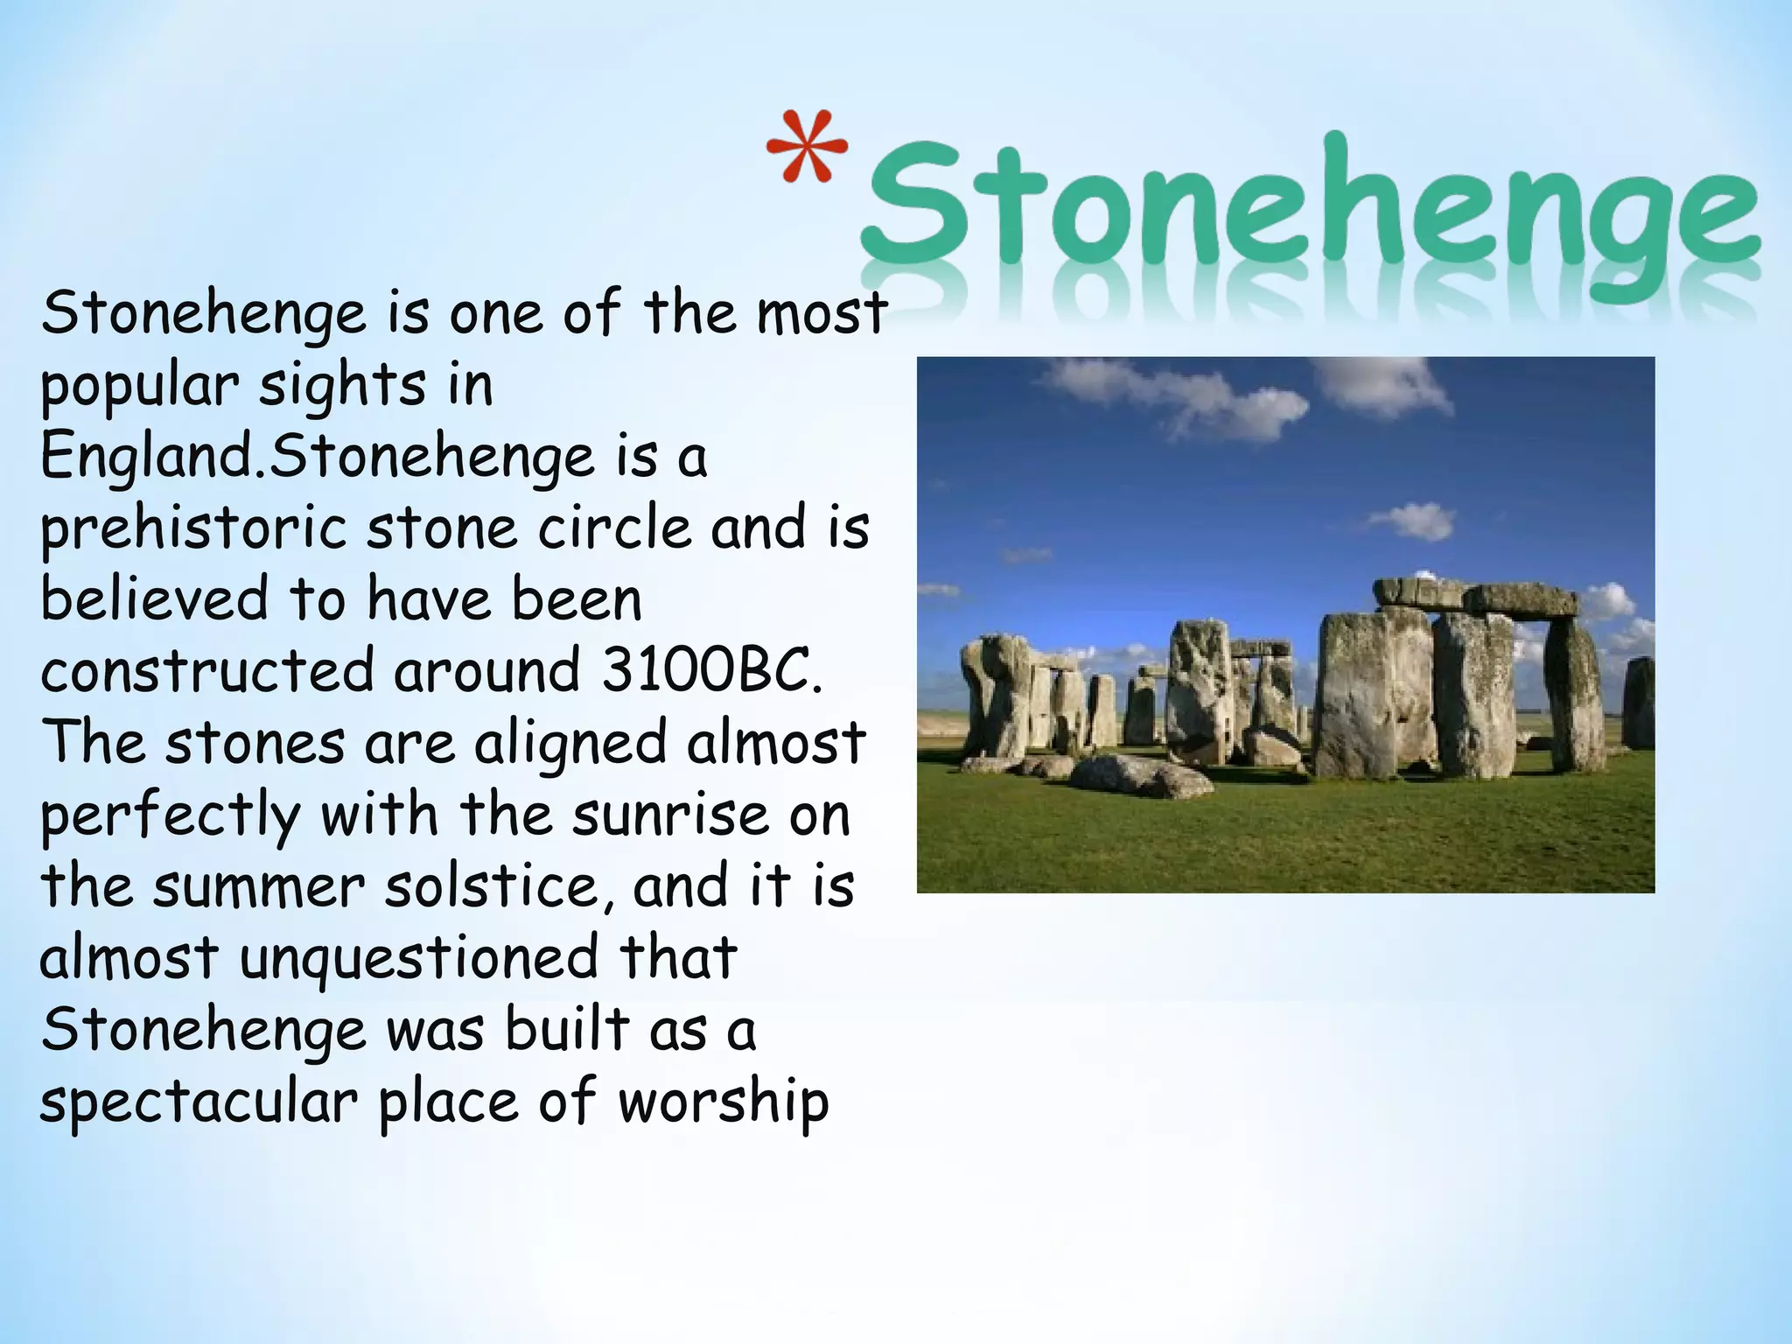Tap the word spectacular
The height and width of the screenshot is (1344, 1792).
tap(199, 1102)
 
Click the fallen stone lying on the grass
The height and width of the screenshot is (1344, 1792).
tap(1129, 773)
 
